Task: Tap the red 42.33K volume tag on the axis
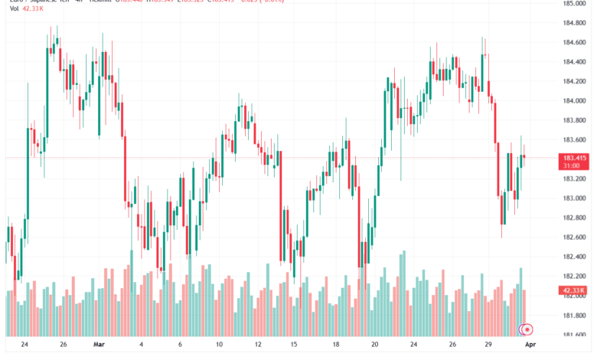pyautogui.click(x=573, y=290)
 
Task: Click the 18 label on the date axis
pyautogui.click(x=337, y=345)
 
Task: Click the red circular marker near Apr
pyautogui.click(x=528, y=330)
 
